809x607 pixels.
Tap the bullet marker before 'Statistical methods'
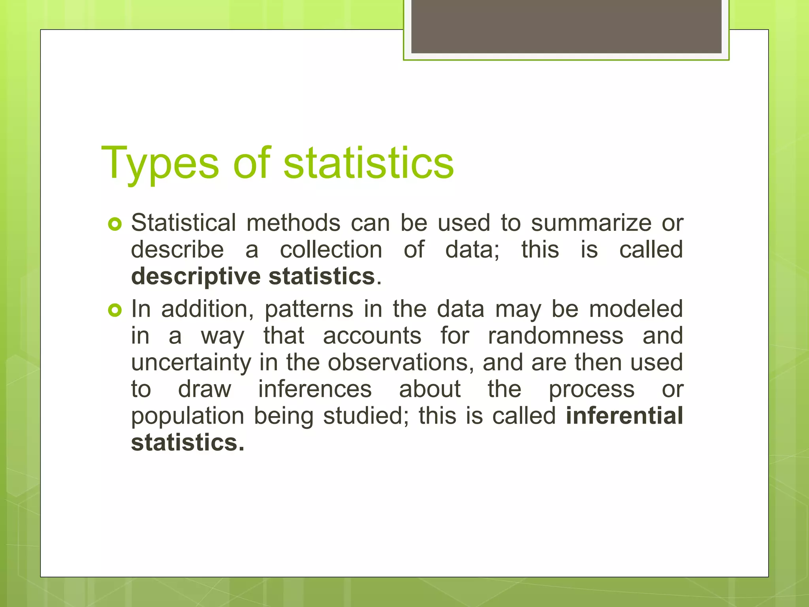tap(115, 224)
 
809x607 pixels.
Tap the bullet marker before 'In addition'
tap(115, 311)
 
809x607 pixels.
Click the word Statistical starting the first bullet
tap(184, 223)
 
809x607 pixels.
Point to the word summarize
tap(591, 223)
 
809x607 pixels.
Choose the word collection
tap(331, 250)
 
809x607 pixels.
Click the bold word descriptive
tap(196, 277)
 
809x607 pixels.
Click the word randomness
tap(555, 336)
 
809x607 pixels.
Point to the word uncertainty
tap(191, 363)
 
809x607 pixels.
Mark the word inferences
tap(315, 389)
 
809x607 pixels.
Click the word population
tap(188, 417)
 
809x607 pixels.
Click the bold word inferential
tap(624, 416)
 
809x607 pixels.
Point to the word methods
tap(293, 223)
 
